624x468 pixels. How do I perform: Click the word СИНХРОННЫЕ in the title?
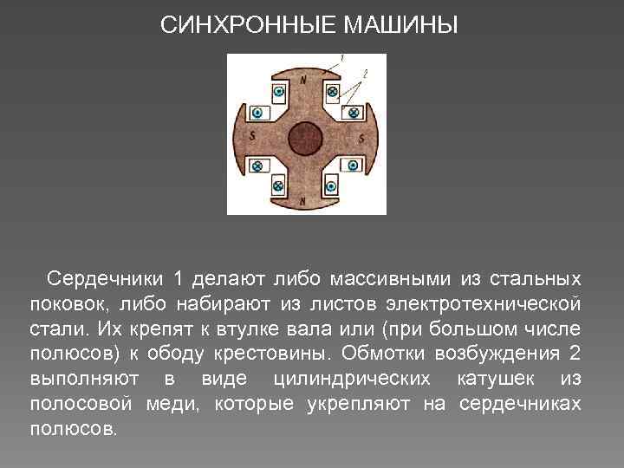click(249, 25)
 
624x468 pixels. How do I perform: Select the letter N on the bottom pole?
click(302, 200)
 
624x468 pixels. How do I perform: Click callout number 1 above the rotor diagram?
click(342, 58)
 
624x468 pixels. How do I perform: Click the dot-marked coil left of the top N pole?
click(279, 91)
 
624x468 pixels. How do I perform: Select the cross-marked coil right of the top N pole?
click(332, 91)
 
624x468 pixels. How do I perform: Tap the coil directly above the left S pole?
click(257, 112)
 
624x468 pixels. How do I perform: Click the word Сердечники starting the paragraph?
click(105, 279)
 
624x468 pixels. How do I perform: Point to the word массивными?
click(388, 279)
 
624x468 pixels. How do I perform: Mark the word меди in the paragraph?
click(173, 405)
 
